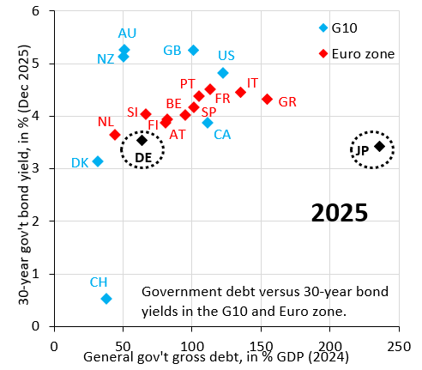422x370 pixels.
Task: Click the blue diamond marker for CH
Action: point(106,299)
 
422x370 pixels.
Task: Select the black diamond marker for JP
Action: point(380,147)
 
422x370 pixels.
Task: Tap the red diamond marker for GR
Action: point(268,100)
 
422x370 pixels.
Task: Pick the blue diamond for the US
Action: point(223,73)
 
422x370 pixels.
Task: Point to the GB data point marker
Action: point(193,51)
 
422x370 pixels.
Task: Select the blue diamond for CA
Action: point(208,123)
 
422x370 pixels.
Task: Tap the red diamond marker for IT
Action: point(241,92)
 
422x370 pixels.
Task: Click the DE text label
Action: point(143,157)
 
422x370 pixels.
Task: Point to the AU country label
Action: point(128,33)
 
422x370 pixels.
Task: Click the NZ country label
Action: point(106,58)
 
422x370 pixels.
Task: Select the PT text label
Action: point(188,83)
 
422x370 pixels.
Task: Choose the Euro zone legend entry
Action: point(356,53)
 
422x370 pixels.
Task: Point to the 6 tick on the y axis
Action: point(35,11)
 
